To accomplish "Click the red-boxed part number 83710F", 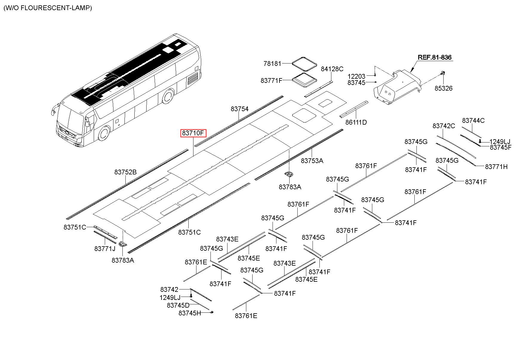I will click(193, 133).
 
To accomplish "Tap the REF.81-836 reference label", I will click(434, 57).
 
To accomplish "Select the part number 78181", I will click(272, 63).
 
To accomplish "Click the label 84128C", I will click(332, 69).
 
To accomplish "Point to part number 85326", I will click(443, 88).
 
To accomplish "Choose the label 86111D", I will click(356, 122).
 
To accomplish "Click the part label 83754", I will click(239, 109).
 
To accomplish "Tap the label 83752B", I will click(125, 172).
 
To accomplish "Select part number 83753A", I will click(312, 161).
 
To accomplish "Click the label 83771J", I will click(105, 249).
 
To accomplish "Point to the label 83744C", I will click(473, 120).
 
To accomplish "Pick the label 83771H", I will click(496, 167).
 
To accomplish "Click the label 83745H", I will click(190, 313).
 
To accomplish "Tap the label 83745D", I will click(178, 305).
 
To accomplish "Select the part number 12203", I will click(356, 76).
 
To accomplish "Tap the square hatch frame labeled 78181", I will click(304, 63).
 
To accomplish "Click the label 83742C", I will click(444, 126).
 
